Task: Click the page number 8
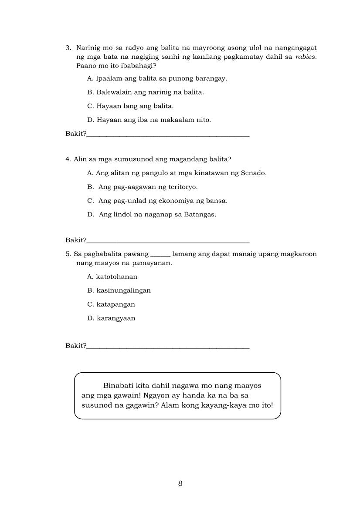coord(180,483)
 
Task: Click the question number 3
coord(68,47)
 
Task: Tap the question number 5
coord(68,254)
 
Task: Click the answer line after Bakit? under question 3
coord(168,135)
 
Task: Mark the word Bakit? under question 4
coord(76,240)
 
